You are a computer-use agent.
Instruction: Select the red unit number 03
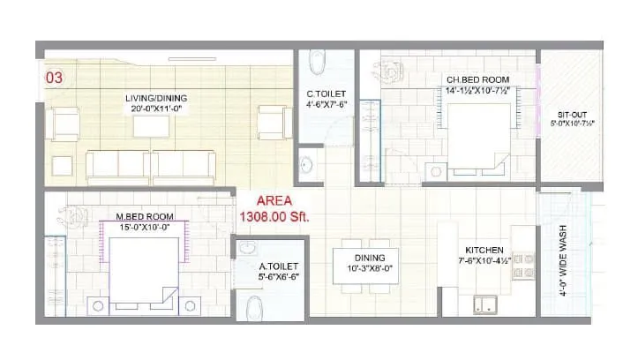click(54, 79)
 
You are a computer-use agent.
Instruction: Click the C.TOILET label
click(325, 94)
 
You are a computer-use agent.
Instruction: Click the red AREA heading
click(275, 199)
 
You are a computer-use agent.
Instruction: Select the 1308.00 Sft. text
click(275, 216)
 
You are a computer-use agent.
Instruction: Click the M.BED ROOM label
click(144, 216)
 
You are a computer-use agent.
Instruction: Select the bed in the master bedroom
click(146, 271)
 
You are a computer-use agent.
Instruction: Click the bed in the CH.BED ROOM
click(477, 132)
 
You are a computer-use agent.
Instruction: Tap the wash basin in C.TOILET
click(306, 164)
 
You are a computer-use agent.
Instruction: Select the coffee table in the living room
click(151, 127)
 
